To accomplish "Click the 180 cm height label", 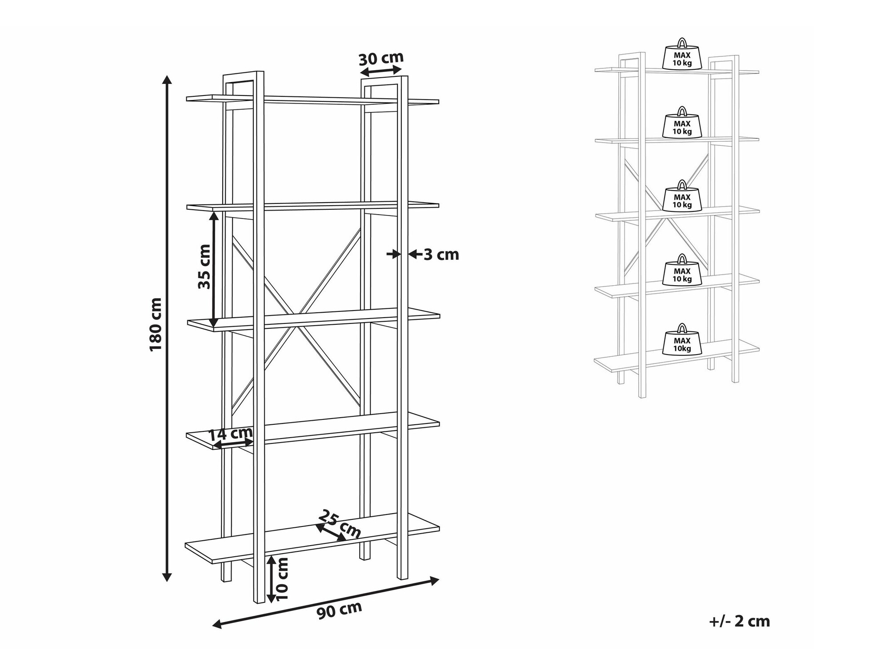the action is pos(156,324).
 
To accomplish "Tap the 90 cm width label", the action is pos(339,610).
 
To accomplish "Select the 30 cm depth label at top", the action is pos(381,58).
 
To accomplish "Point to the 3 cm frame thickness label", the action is pos(441,255).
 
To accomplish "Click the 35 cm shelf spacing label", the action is pos(204,267).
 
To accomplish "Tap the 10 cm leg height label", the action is pos(282,578).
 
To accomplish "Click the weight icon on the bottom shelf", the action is pos(682,339).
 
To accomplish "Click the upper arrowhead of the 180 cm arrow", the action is pos(167,80).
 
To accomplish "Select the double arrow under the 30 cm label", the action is pos(380,71).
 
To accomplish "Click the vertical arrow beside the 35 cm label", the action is pos(214,271).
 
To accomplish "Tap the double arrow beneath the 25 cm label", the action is pos(331,533).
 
